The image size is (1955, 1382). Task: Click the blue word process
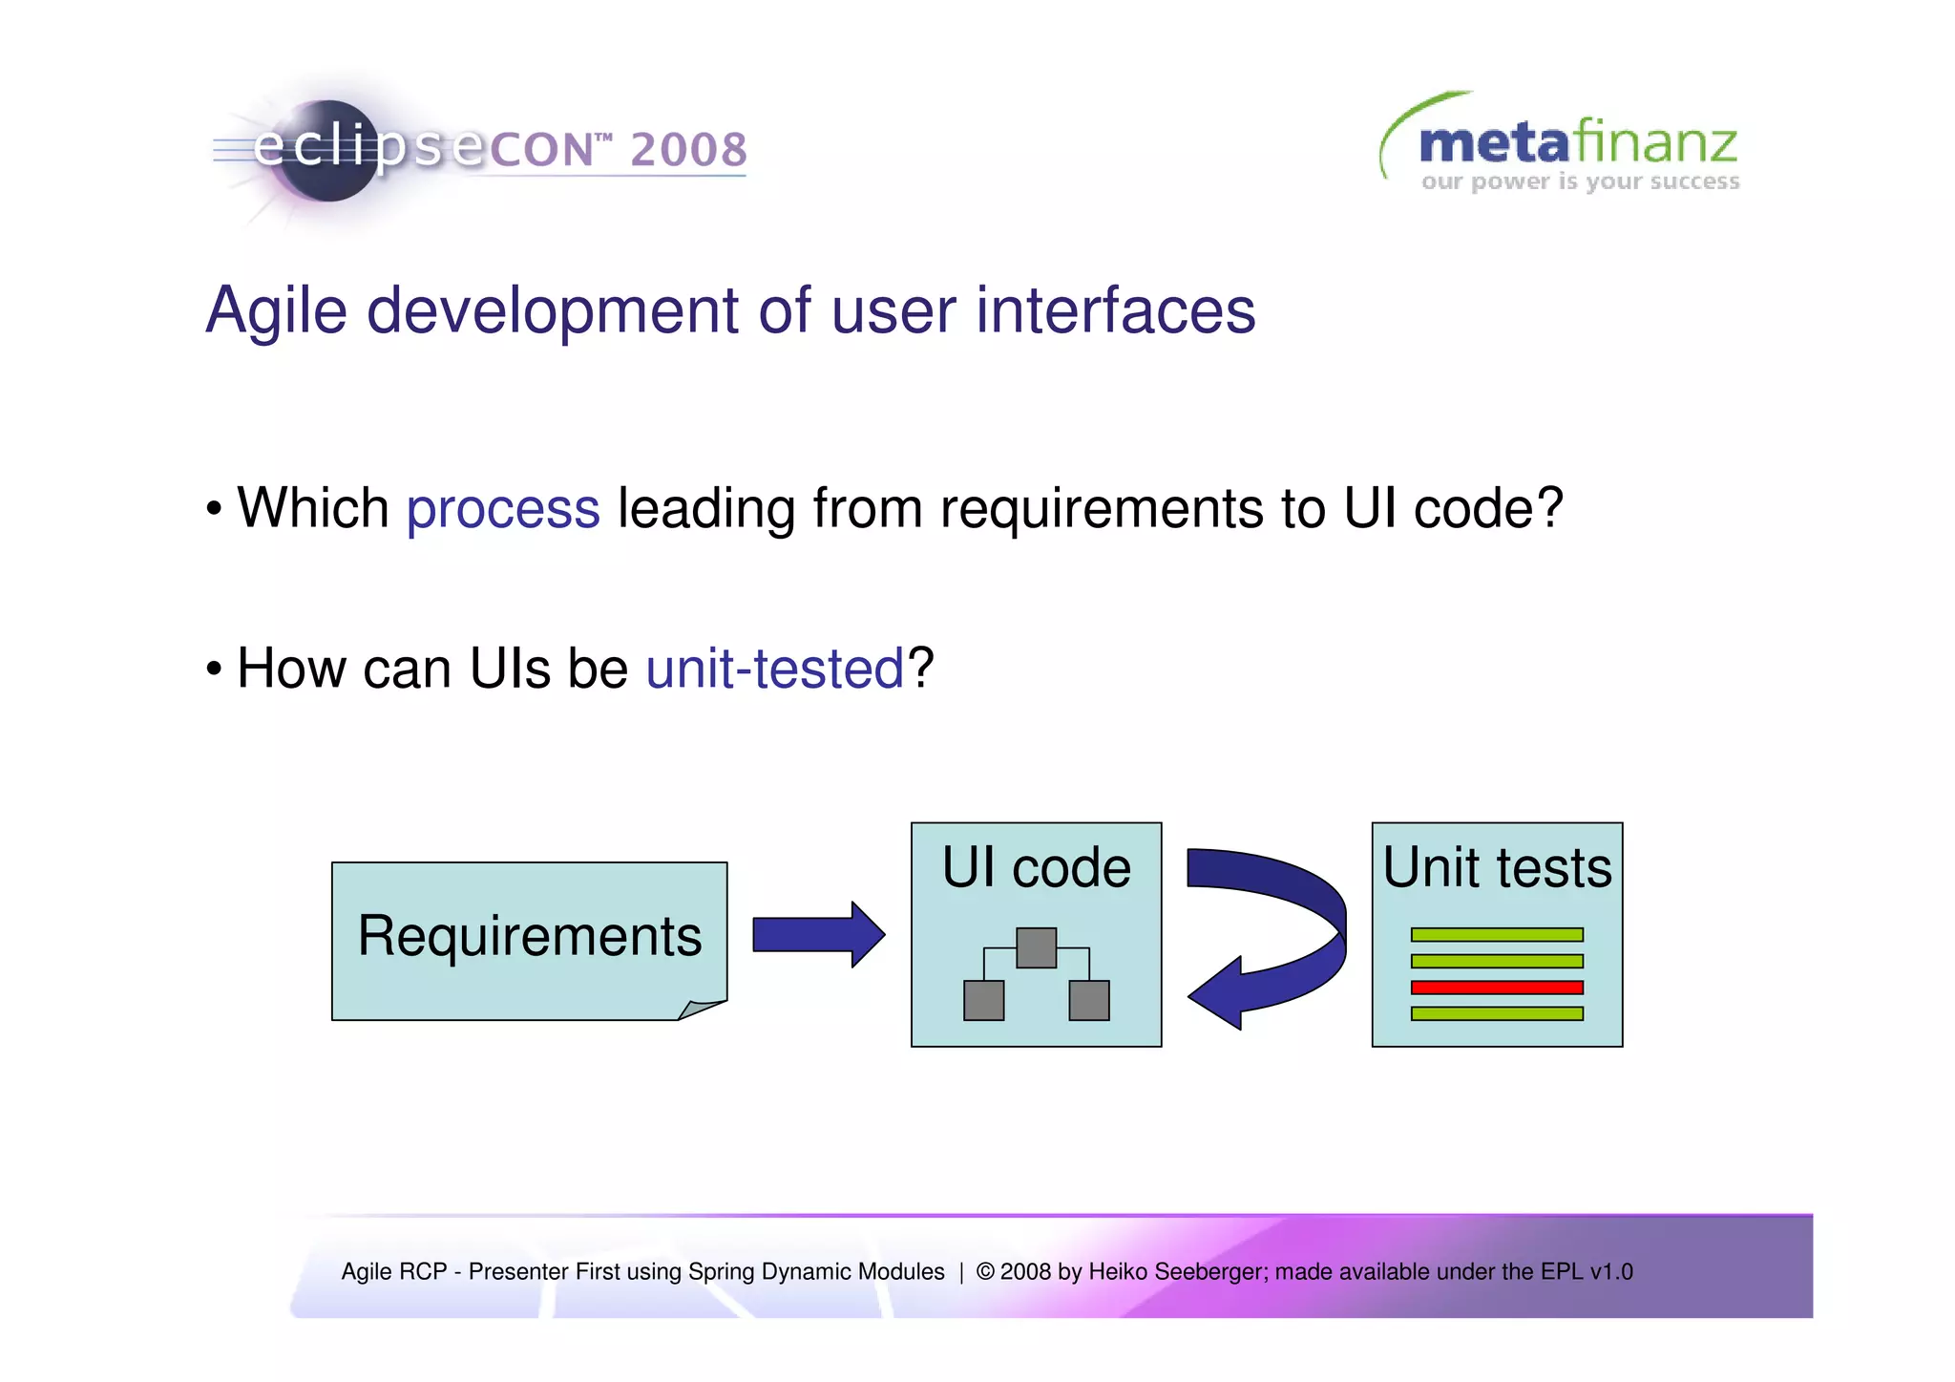coord(503,508)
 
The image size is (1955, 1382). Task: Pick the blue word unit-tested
coord(774,668)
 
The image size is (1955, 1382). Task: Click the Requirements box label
coord(529,935)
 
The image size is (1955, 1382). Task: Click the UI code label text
coord(1036,867)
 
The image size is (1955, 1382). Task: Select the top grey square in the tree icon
coord(1036,947)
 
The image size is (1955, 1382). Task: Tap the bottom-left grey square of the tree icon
coord(983,1000)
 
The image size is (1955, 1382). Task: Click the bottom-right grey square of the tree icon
coord(1089,1000)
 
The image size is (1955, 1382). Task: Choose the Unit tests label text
coord(1497,867)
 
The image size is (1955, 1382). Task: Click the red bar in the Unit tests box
coord(1497,988)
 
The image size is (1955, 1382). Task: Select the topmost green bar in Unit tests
coord(1497,934)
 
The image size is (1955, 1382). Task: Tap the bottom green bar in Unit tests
coord(1497,1013)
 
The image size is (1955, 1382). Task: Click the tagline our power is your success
coord(1580,181)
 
